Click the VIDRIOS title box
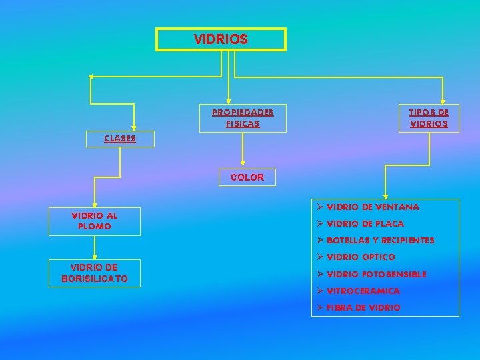pyautogui.click(x=221, y=39)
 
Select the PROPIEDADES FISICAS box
pyautogui.click(x=243, y=117)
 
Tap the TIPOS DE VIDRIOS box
pyautogui.click(x=429, y=118)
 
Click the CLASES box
pyautogui.click(x=120, y=139)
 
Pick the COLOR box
pyautogui.click(x=247, y=177)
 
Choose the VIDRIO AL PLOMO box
pyautogui.click(x=95, y=221)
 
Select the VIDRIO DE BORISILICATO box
pyautogui.click(x=95, y=273)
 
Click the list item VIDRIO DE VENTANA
pyautogui.click(x=373, y=207)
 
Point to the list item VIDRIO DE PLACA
pyautogui.click(x=365, y=224)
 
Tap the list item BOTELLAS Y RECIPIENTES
pyautogui.click(x=380, y=240)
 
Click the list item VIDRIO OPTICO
pyautogui.click(x=361, y=257)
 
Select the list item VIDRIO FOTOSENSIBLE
pyautogui.click(x=376, y=274)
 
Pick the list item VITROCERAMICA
pyautogui.click(x=363, y=291)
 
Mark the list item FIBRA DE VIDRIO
pyautogui.click(x=363, y=308)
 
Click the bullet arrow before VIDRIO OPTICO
pyautogui.click(x=320, y=257)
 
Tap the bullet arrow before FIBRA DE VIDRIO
pyautogui.click(x=320, y=307)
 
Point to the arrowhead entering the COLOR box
pyautogui.click(x=243, y=163)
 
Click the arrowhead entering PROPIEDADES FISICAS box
pyautogui.click(x=229, y=101)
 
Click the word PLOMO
pyautogui.click(x=95, y=227)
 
